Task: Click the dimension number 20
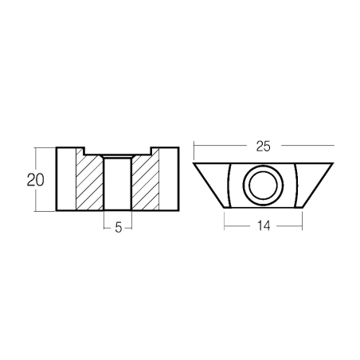click(35, 180)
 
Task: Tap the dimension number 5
click(118, 228)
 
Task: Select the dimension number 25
click(263, 147)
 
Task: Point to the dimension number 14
click(264, 226)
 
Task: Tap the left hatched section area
click(89, 183)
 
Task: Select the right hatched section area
click(146, 183)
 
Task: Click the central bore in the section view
click(118, 184)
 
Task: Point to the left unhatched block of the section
click(66, 179)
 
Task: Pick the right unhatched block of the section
click(169, 179)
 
